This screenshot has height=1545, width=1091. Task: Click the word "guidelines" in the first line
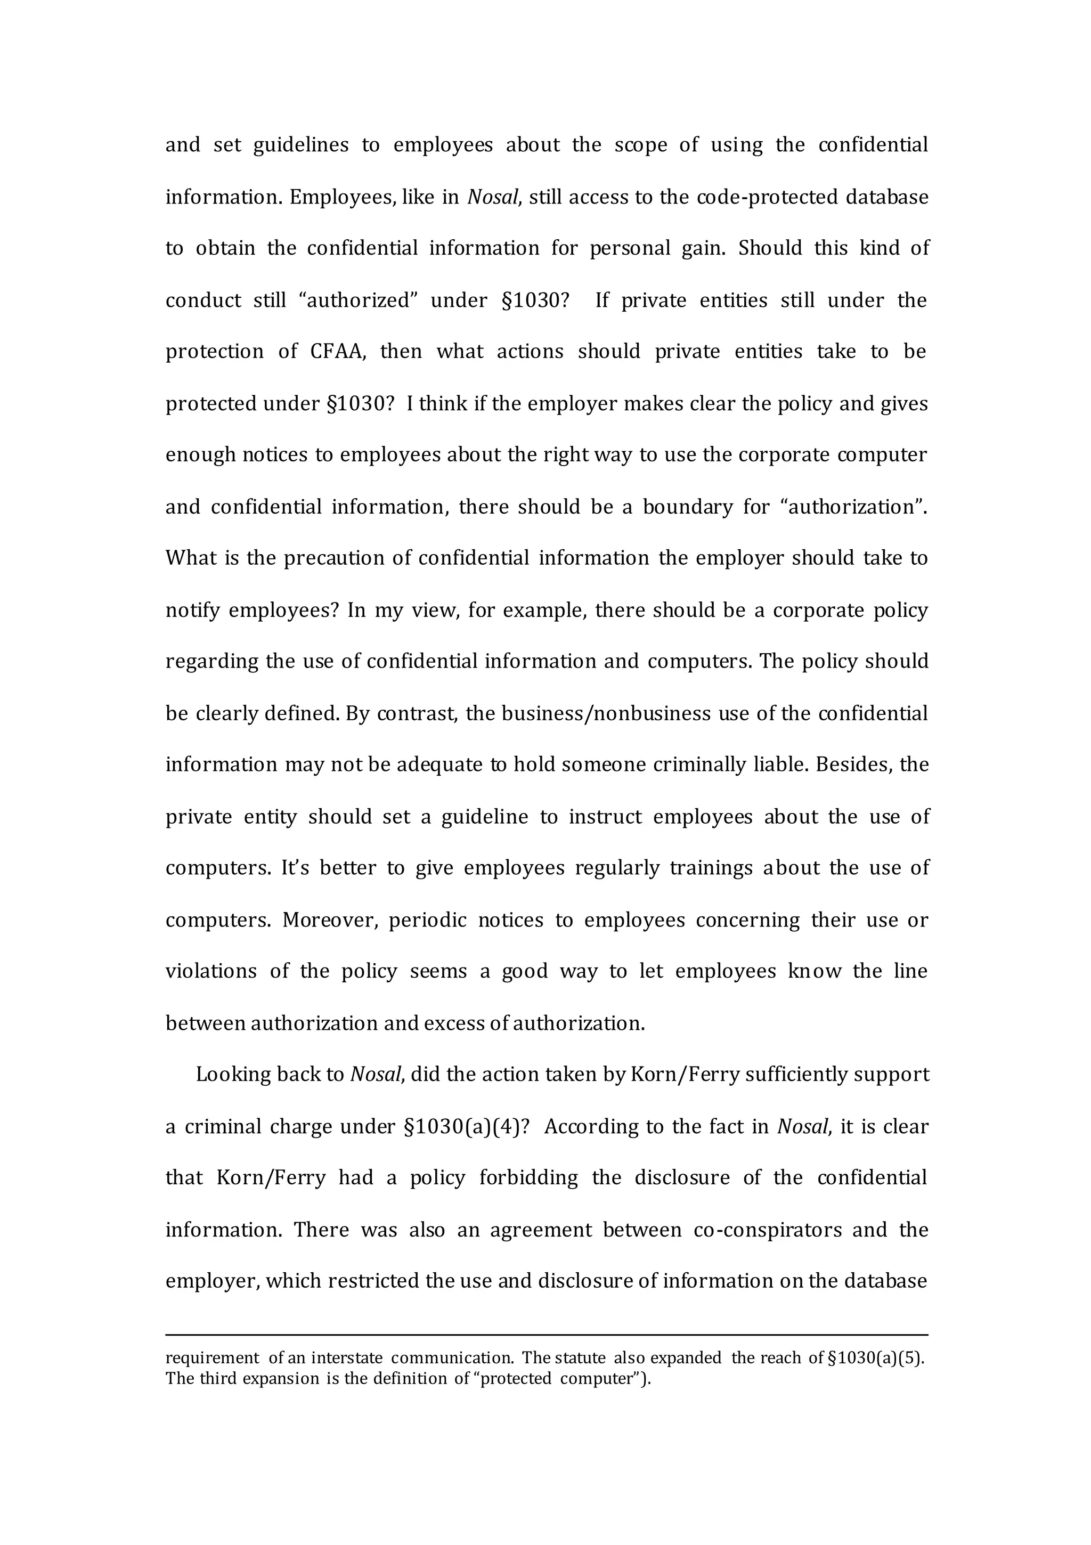pyautogui.click(x=301, y=145)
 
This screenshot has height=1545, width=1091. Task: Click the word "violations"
pyautogui.click(x=210, y=972)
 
